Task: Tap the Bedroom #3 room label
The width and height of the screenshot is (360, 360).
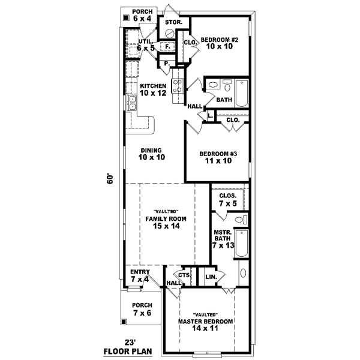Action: click(x=218, y=157)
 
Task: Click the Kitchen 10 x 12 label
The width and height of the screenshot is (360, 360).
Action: click(x=152, y=89)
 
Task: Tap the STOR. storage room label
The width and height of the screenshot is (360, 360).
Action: click(x=173, y=22)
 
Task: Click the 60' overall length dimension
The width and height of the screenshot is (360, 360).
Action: click(x=110, y=180)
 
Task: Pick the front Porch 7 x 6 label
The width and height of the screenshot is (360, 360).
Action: click(x=143, y=310)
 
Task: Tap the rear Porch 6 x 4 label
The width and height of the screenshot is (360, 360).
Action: click(x=143, y=15)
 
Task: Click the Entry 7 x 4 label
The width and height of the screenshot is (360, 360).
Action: click(x=140, y=276)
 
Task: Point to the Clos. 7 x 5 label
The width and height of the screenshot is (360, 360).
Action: click(x=227, y=200)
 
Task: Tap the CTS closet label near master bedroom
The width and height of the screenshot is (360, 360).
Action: click(x=185, y=275)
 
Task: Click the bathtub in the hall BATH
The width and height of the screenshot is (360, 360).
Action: click(x=241, y=94)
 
